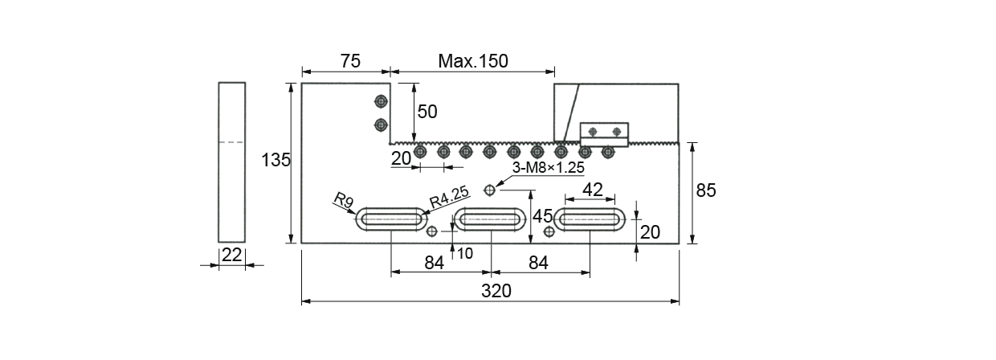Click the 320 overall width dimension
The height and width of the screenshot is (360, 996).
(496, 291)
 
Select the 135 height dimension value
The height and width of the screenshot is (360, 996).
(276, 161)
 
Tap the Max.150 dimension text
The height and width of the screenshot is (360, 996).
(473, 61)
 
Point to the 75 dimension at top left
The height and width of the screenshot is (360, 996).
(350, 61)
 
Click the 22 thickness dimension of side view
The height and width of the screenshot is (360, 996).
(232, 255)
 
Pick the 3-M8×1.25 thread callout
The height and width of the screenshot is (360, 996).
(548, 169)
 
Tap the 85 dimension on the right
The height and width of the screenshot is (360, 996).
(705, 190)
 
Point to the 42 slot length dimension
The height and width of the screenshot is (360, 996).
(592, 190)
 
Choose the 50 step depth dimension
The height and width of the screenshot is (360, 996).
(427, 112)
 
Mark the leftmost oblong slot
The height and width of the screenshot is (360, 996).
(392, 219)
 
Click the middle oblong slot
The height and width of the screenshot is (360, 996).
(491, 219)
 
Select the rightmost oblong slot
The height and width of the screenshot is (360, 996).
(590, 219)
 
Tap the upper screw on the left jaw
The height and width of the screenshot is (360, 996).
(381, 101)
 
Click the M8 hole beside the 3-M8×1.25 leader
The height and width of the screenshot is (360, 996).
(489, 190)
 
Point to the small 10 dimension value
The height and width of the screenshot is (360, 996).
(464, 253)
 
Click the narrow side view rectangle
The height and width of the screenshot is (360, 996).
(232, 162)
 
